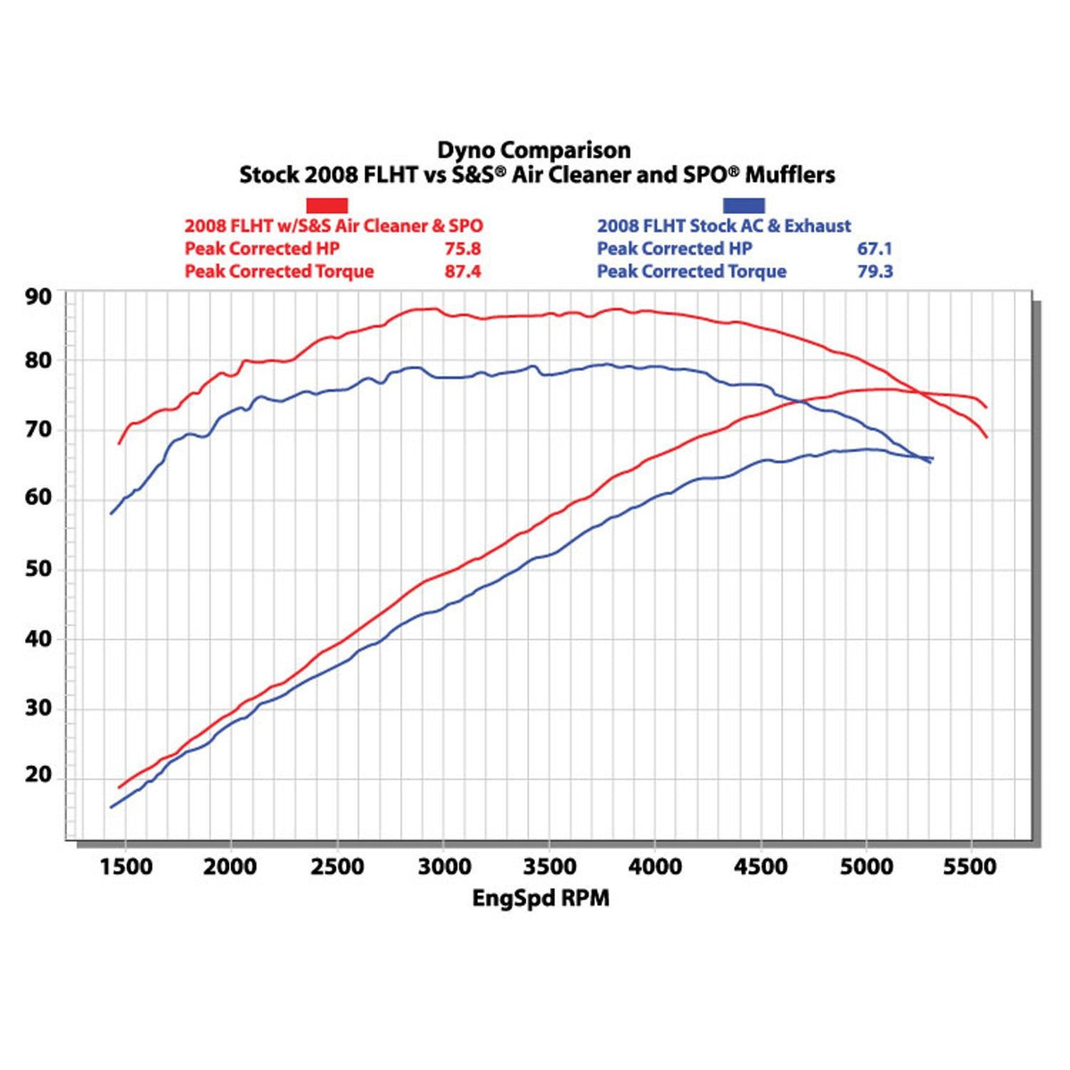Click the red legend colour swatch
(x=327, y=205)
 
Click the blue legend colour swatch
(x=743, y=205)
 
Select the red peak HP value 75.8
(x=463, y=249)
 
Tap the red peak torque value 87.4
(x=463, y=271)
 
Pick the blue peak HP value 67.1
(x=875, y=249)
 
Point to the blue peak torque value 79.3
(x=875, y=271)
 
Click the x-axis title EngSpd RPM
(x=540, y=898)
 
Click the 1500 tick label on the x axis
(x=125, y=867)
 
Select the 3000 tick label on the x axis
(x=443, y=867)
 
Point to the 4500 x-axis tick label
(x=761, y=867)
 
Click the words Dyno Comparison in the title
(x=533, y=150)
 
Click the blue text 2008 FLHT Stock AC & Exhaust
(x=724, y=226)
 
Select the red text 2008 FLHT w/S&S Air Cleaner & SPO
(x=333, y=226)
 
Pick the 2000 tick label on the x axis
(x=231, y=867)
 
